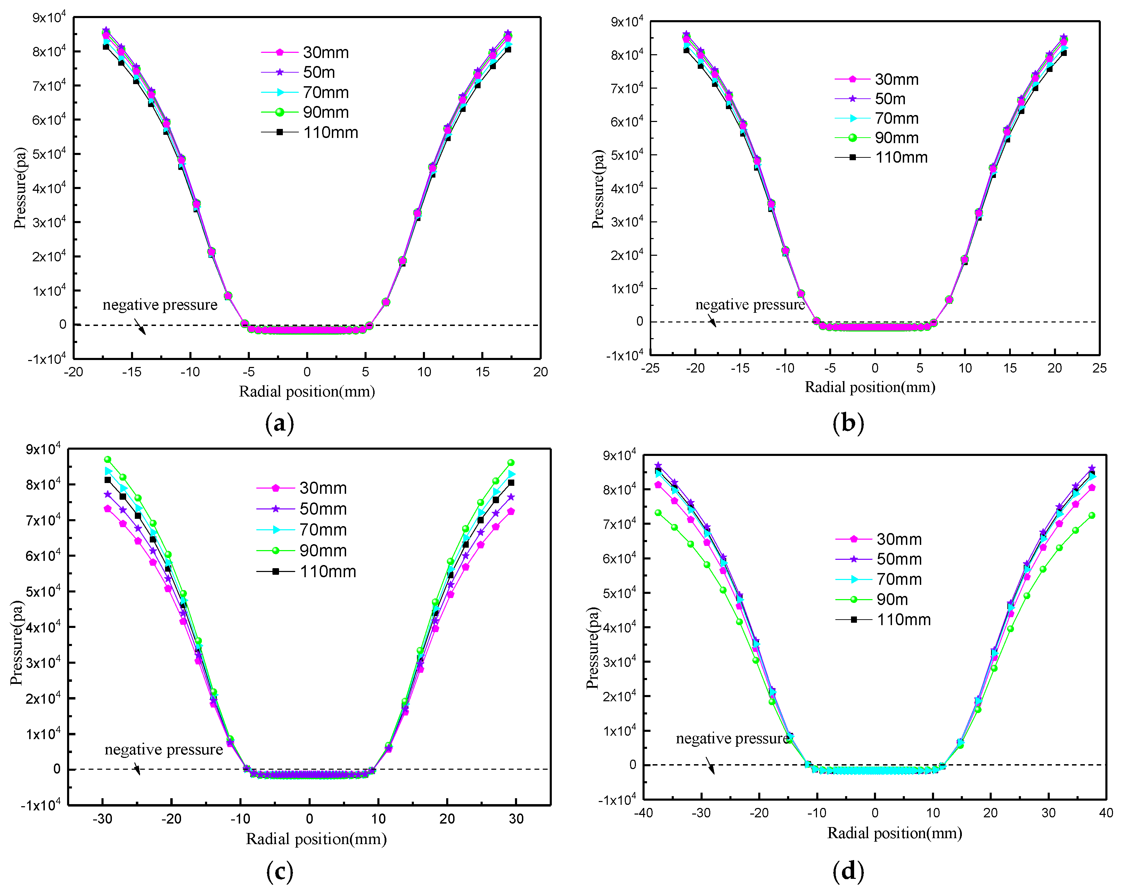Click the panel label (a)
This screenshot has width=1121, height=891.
pyautogui.click(x=279, y=423)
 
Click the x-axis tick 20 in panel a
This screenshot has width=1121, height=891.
pyautogui.click(x=540, y=372)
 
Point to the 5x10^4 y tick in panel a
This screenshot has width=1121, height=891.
pyautogui.click(x=49, y=154)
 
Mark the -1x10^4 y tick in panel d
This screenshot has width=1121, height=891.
pyautogui.click(x=617, y=800)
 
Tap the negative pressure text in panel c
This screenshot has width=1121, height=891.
pyautogui.click(x=163, y=749)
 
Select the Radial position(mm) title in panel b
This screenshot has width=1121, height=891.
pyautogui.click(x=870, y=387)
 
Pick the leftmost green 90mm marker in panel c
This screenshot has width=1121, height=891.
pyautogui.click(x=108, y=459)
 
